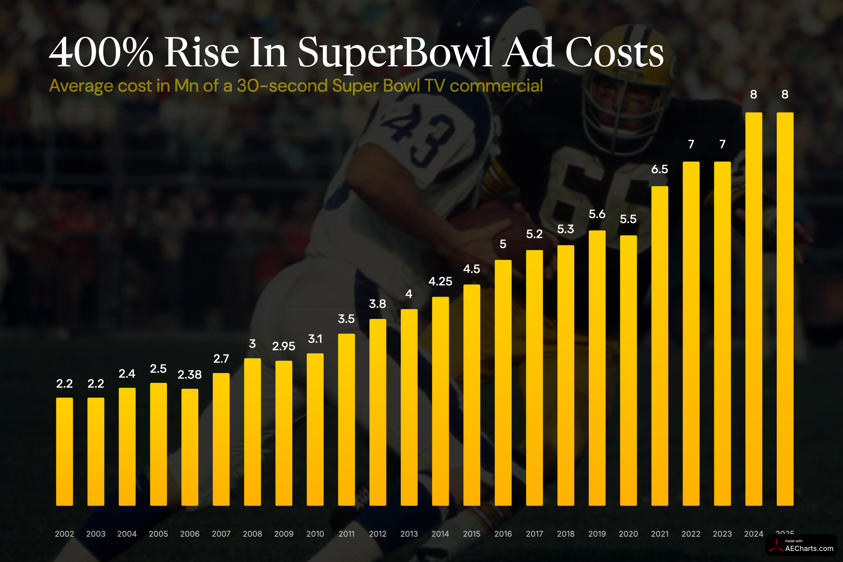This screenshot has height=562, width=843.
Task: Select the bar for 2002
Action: click(65, 452)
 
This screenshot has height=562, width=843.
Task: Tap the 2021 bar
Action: click(660, 346)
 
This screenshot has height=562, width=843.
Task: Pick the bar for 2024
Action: click(753, 309)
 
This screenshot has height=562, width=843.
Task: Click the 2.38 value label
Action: click(190, 375)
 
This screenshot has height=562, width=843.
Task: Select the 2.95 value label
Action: click(284, 346)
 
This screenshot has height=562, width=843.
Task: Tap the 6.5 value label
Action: click(660, 169)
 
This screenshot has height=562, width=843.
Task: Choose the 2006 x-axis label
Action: click(190, 534)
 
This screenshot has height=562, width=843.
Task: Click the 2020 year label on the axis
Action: click(628, 534)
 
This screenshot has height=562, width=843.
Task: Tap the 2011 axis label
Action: click(346, 534)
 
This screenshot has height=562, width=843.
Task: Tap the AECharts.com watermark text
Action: click(809, 549)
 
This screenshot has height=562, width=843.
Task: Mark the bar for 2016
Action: click(503, 383)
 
